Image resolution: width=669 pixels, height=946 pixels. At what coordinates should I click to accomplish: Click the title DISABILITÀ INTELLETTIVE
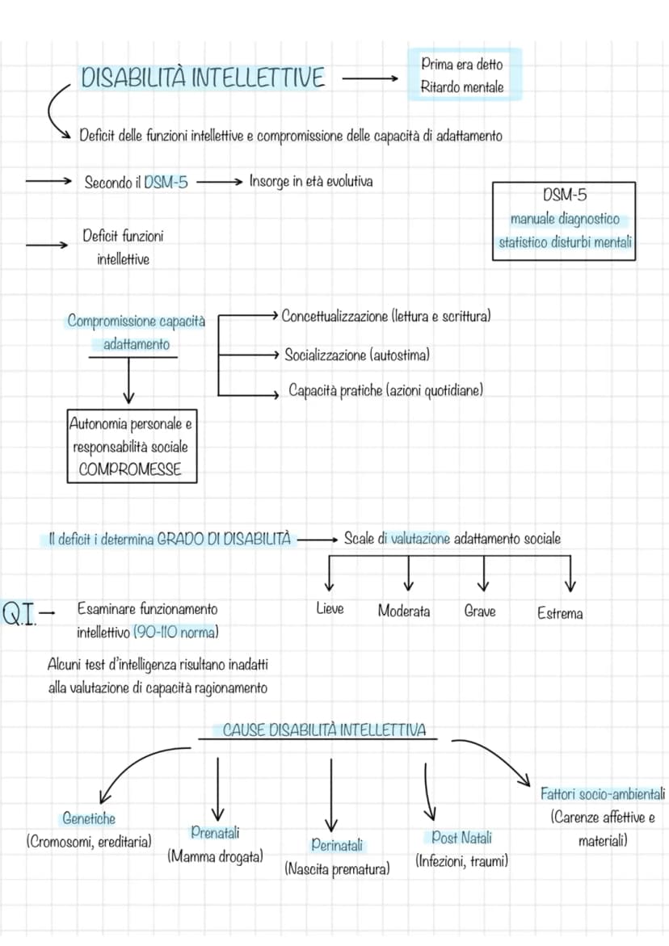[203, 78]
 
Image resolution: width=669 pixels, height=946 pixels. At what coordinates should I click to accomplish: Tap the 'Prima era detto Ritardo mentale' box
[463, 75]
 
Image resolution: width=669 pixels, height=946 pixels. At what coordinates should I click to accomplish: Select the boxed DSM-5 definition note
[564, 221]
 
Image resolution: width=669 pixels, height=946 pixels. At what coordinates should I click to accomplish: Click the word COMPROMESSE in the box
[130, 469]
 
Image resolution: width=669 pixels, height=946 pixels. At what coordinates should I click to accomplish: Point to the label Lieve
[330, 608]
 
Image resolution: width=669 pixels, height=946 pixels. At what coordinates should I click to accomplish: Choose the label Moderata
[404, 612]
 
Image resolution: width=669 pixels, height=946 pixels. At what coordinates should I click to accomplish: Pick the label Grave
[480, 612]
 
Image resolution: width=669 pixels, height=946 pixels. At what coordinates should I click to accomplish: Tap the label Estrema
[560, 614]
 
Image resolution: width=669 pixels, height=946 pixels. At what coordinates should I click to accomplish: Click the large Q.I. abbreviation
[20, 614]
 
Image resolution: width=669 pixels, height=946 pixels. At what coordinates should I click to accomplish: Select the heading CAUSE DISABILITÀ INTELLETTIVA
[325, 730]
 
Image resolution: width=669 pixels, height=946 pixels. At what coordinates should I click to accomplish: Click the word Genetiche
[89, 818]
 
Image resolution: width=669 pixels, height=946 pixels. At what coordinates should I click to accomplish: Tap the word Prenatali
[215, 833]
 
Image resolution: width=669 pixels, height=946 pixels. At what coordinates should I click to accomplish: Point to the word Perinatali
[337, 845]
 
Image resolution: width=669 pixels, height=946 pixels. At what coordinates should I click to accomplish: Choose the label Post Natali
[461, 838]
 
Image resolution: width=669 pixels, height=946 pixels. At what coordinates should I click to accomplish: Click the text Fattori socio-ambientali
[603, 793]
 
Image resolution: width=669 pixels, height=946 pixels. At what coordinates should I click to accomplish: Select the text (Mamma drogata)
[216, 856]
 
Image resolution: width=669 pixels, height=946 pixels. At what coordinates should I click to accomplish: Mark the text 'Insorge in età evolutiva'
[311, 181]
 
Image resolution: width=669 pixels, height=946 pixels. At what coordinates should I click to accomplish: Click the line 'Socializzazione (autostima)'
[357, 355]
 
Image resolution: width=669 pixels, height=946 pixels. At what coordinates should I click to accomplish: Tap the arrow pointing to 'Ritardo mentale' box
[370, 78]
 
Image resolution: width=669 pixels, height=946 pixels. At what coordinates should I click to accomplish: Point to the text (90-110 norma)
[175, 633]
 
